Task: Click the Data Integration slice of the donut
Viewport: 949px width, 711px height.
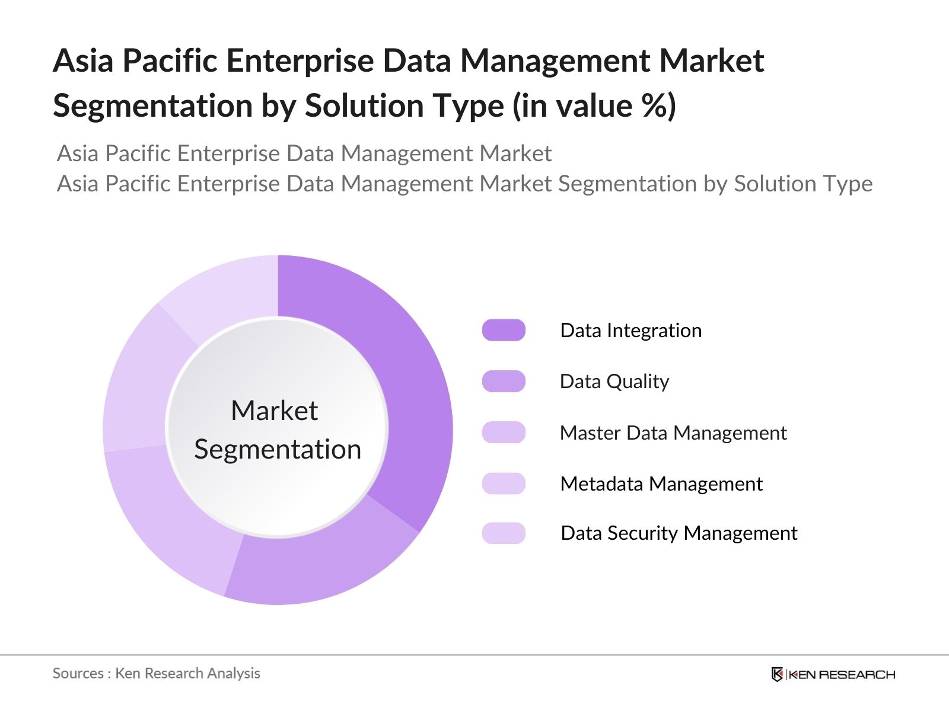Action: point(409,391)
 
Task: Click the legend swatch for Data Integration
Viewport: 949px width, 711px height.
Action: point(504,330)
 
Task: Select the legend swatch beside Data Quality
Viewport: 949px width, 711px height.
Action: point(504,381)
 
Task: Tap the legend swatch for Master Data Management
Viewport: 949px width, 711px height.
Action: point(504,433)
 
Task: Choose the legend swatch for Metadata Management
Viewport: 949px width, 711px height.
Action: point(504,483)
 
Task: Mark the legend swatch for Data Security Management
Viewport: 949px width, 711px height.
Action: point(504,533)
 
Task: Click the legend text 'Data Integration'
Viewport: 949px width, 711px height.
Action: point(630,330)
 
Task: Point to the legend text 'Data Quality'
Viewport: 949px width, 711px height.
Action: point(614,381)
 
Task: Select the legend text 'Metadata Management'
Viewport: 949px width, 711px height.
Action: point(661,483)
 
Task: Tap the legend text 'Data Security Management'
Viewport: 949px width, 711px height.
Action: point(679,533)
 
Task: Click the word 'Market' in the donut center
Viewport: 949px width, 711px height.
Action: point(275,411)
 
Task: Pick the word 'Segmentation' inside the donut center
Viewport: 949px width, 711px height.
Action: point(278,449)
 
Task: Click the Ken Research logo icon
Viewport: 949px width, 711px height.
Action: point(777,674)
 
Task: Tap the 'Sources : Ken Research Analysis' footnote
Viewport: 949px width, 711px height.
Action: point(157,673)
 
